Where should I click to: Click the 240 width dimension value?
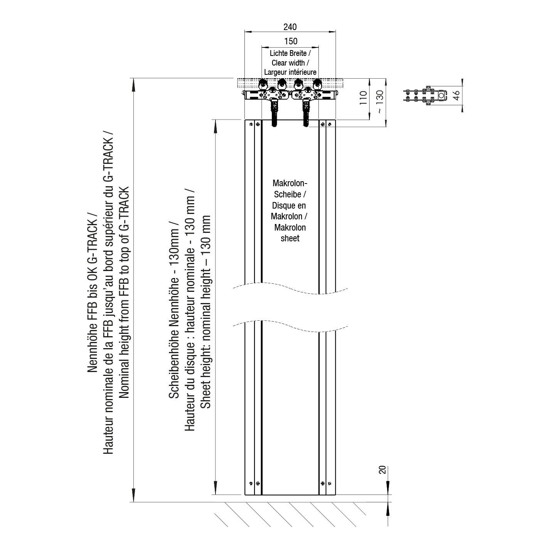(290, 27)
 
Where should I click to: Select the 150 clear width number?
(291, 41)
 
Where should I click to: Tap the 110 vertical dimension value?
(363, 98)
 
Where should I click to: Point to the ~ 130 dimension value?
(380, 102)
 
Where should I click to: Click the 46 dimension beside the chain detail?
(456, 95)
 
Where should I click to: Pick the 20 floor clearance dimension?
(382, 470)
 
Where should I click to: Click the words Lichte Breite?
(288, 53)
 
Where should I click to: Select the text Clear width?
(288, 63)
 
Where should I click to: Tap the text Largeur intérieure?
(290, 72)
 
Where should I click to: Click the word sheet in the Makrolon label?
(290, 238)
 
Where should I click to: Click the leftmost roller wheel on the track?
(263, 84)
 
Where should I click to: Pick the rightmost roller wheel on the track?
(317, 84)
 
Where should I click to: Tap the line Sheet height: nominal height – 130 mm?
(206, 312)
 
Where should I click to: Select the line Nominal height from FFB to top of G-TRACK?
(124, 292)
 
